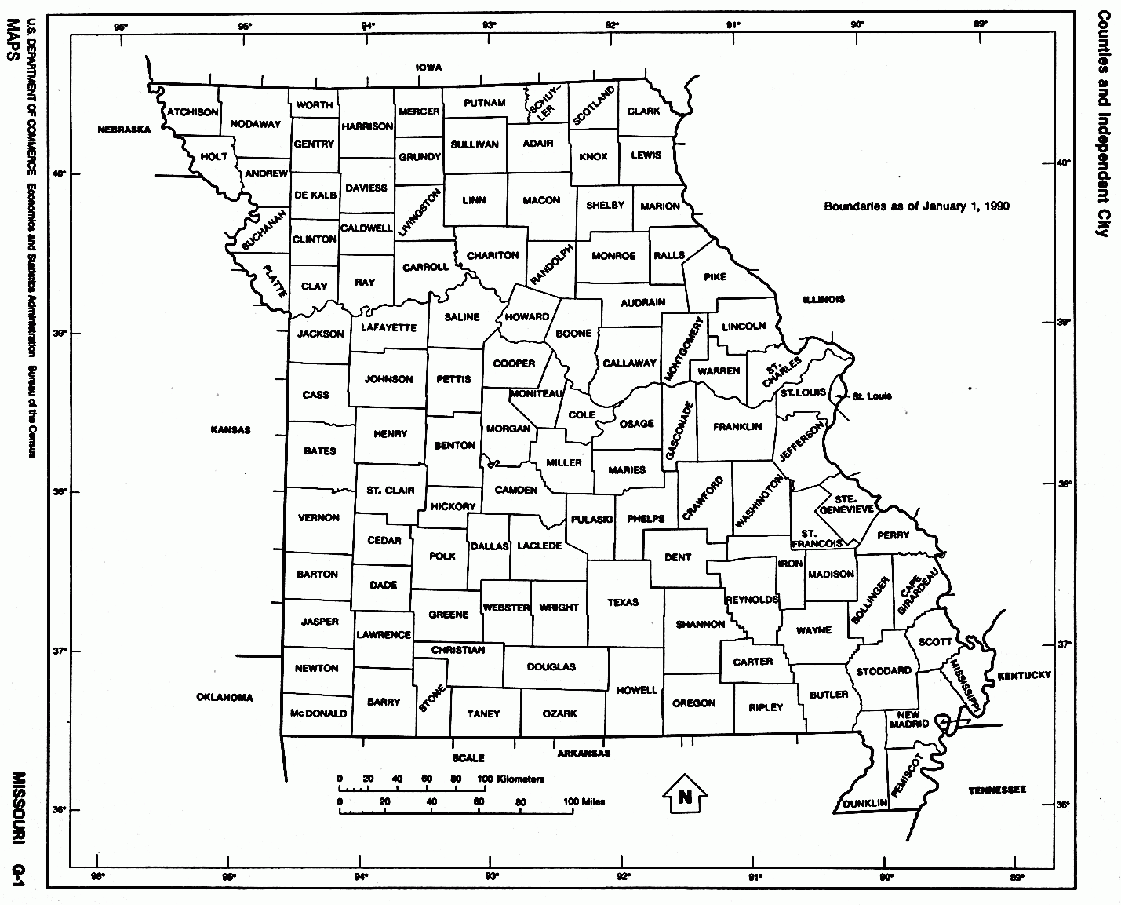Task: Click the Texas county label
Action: click(x=623, y=603)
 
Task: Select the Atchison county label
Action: click(x=192, y=112)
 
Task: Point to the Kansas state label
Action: click(x=230, y=430)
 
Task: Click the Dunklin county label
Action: click(x=865, y=804)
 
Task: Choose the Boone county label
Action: click(x=573, y=334)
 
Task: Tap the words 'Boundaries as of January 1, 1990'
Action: click(x=916, y=207)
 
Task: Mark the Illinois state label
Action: click(x=824, y=300)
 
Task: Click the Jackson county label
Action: click(x=320, y=334)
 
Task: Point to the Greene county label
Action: click(x=449, y=615)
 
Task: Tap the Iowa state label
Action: click(x=429, y=68)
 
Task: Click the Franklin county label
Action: click(x=737, y=427)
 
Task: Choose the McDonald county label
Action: click(x=318, y=714)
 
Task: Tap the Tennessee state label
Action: click(x=997, y=790)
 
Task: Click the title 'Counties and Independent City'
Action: click(x=1103, y=123)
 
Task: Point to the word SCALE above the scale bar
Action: click(x=468, y=758)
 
